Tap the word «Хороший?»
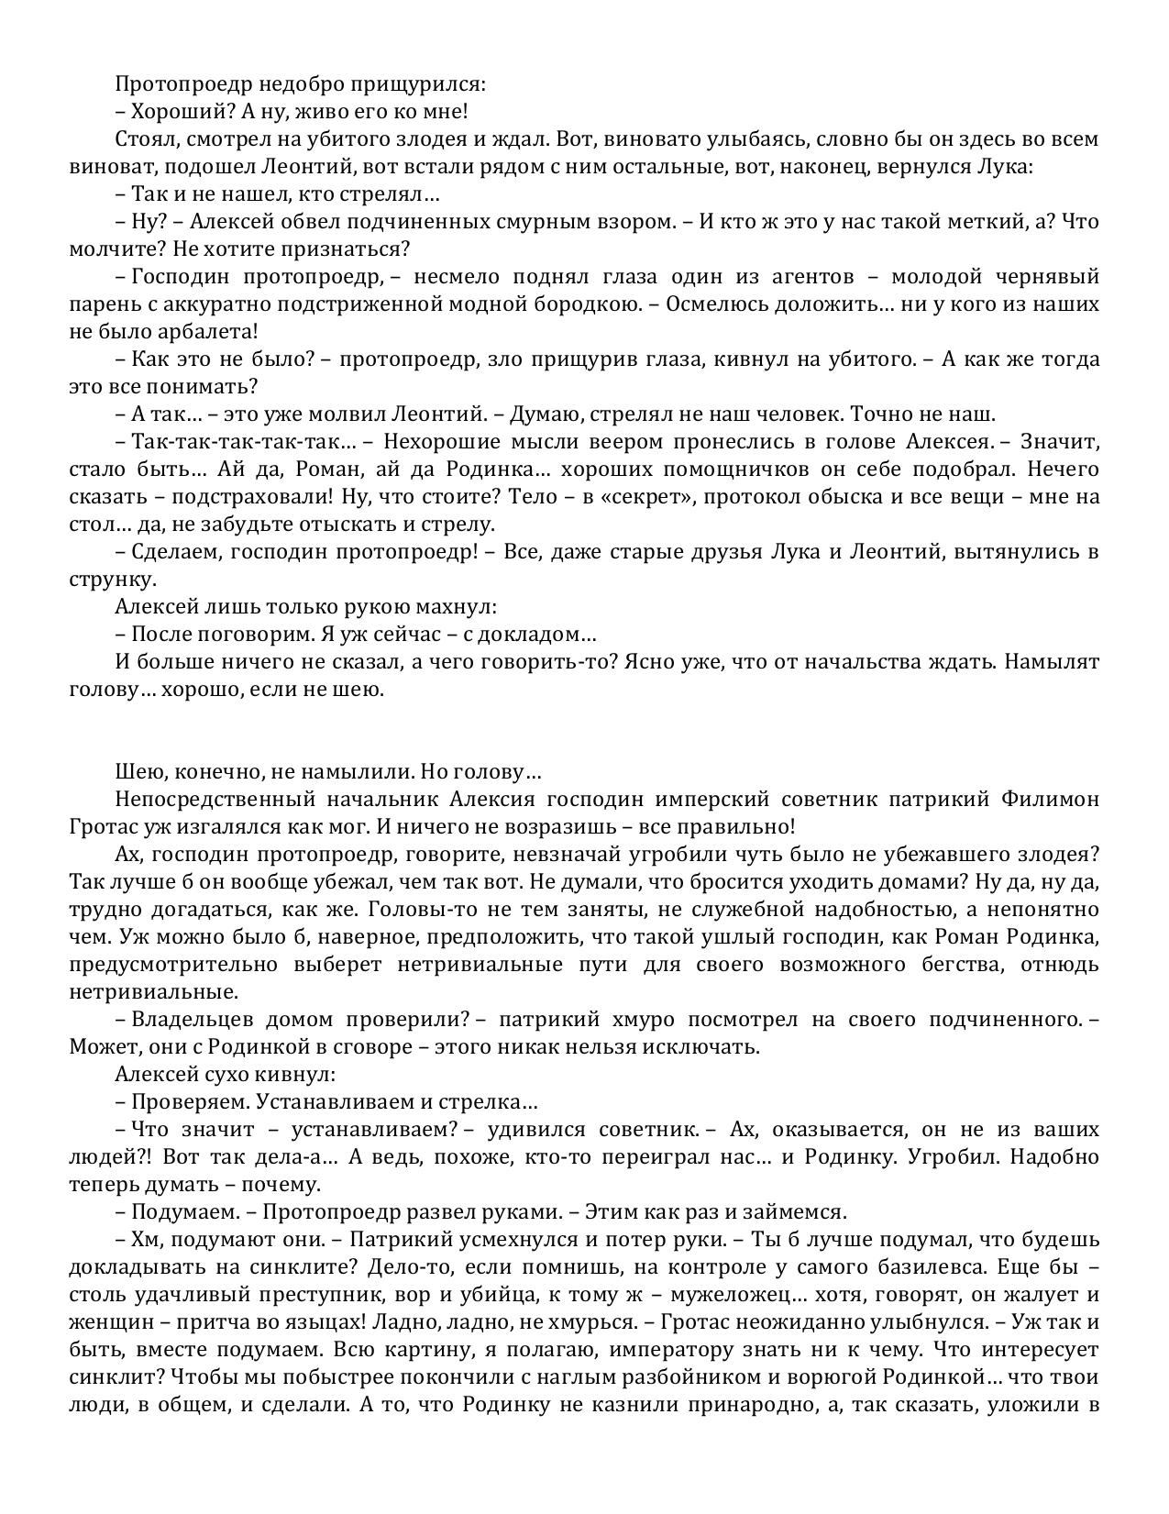tap(180, 112)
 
